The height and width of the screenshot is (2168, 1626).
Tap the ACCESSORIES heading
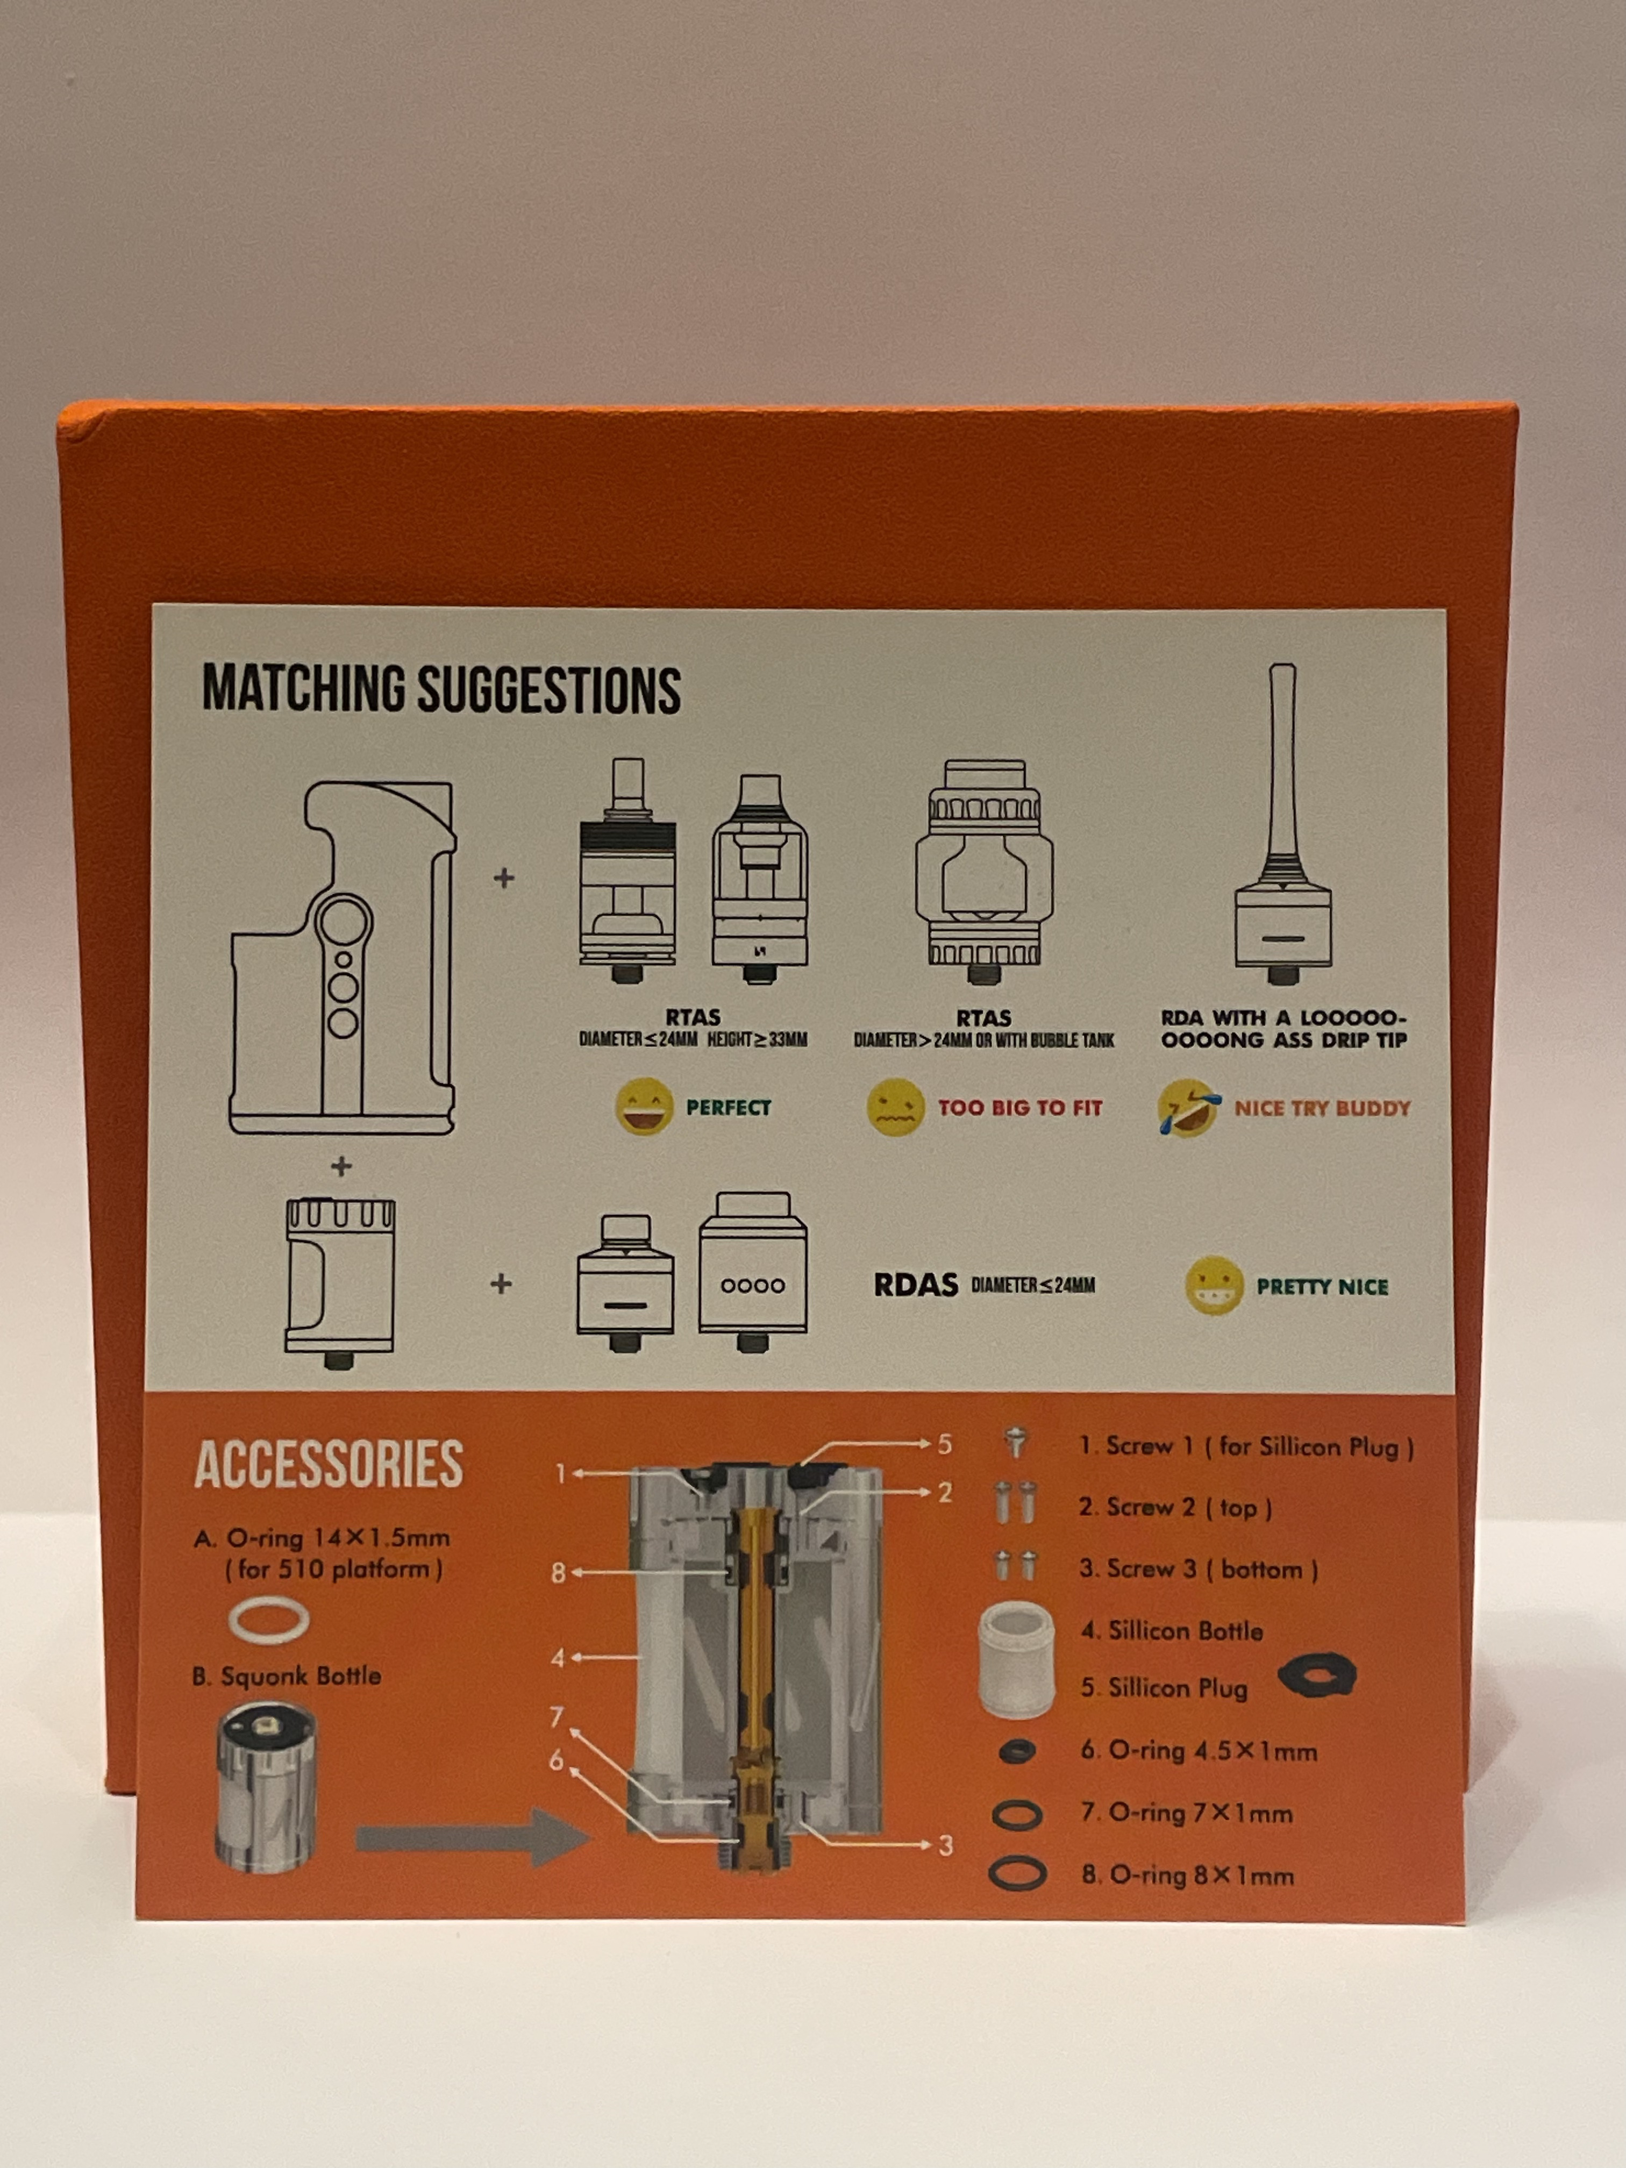[329, 1464]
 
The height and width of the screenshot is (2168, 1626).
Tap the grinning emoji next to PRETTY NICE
[1214, 1286]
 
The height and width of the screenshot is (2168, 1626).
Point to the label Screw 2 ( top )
[1175, 1507]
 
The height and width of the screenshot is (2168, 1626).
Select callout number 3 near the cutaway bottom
[945, 1845]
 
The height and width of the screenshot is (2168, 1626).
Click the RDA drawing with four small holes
[753, 1270]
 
